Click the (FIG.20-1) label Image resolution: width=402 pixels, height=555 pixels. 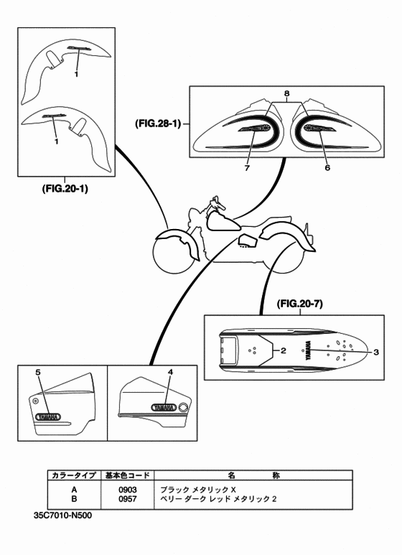(x=65, y=190)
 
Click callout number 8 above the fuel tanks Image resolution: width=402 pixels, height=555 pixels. (x=286, y=94)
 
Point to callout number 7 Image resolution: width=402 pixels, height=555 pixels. (x=247, y=167)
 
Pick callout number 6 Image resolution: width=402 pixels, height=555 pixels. (x=327, y=167)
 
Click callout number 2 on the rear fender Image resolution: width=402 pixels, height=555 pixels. (x=284, y=351)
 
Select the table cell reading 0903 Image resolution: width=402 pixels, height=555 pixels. (x=128, y=489)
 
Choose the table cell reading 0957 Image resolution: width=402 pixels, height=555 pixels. (x=128, y=498)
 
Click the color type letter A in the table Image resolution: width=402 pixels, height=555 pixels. (x=74, y=489)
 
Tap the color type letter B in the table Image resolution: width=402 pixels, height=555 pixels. (x=74, y=498)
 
